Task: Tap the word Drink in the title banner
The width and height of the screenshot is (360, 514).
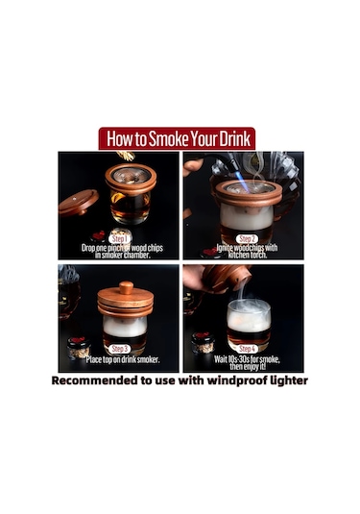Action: [x=234, y=139]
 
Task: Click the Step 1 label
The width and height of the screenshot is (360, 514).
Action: [x=119, y=239]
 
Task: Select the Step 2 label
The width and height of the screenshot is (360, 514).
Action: [x=247, y=239]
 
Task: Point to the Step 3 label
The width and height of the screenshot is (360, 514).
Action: [x=119, y=349]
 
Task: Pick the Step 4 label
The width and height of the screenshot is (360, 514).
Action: [x=247, y=349]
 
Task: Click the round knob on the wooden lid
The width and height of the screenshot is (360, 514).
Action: [x=126, y=287]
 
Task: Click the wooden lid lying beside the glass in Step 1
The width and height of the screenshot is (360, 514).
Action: [x=78, y=203]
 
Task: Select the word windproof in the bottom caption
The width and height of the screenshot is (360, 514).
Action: [x=237, y=380]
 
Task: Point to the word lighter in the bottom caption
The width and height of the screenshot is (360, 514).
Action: [x=289, y=380]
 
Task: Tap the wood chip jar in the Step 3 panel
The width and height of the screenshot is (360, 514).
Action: [x=79, y=348]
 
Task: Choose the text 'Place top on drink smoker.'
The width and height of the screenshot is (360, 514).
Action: [x=123, y=359]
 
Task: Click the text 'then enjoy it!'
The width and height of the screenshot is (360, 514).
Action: [x=248, y=366]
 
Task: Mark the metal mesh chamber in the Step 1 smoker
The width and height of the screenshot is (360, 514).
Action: [x=131, y=177]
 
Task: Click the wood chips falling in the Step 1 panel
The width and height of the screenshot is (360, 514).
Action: [x=126, y=157]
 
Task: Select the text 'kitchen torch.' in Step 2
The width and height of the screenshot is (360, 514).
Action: [x=248, y=255]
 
